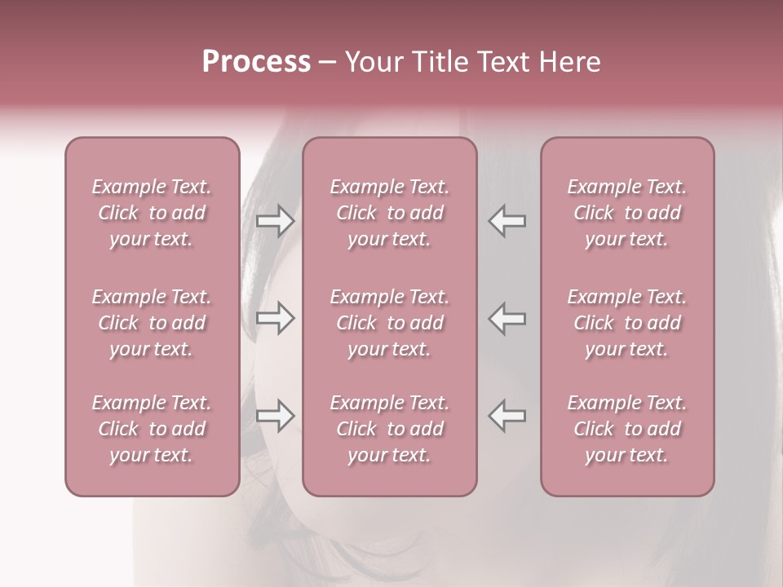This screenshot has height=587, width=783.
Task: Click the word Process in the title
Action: click(x=256, y=62)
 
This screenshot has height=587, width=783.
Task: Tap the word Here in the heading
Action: click(x=571, y=62)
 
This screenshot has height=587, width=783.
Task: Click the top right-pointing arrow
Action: click(x=275, y=221)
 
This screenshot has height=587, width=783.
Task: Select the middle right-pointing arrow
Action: click(x=275, y=318)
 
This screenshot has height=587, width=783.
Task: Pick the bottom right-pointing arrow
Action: click(x=275, y=416)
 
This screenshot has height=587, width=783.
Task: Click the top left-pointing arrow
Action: click(x=507, y=221)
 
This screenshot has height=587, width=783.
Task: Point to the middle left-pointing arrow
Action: click(x=507, y=318)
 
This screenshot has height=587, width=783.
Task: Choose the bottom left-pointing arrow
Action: click(x=507, y=416)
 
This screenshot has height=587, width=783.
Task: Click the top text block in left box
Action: click(x=152, y=213)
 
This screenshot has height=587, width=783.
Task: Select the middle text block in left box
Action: click(x=152, y=323)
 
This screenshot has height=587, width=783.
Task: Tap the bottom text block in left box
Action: click(x=152, y=429)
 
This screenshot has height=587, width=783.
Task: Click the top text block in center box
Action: click(x=389, y=213)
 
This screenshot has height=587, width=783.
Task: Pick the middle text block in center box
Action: click(x=389, y=323)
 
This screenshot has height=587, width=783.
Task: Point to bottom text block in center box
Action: click(x=389, y=429)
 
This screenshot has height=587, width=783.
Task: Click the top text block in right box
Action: click(x=626, y=213)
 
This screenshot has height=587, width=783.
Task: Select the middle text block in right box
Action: click(x=626, y=323)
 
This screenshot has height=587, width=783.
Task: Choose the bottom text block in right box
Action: click(x=626, y=429)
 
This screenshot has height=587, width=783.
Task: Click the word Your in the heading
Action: click(x=373, y=62)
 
